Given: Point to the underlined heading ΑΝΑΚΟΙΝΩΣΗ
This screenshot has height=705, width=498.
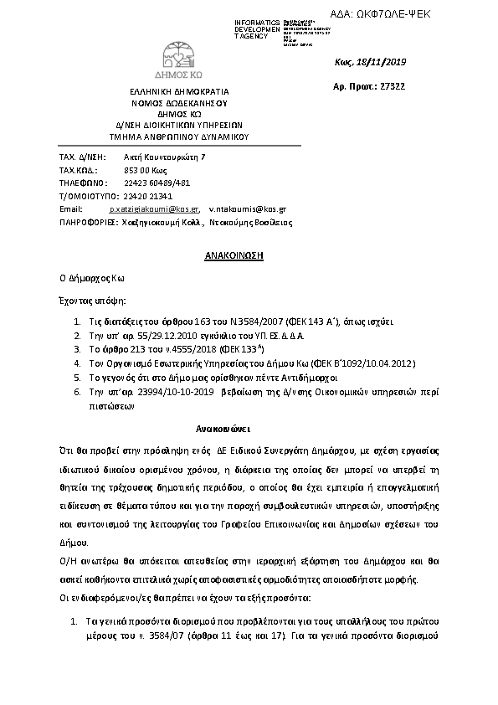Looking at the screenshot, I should tap(235, 255).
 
